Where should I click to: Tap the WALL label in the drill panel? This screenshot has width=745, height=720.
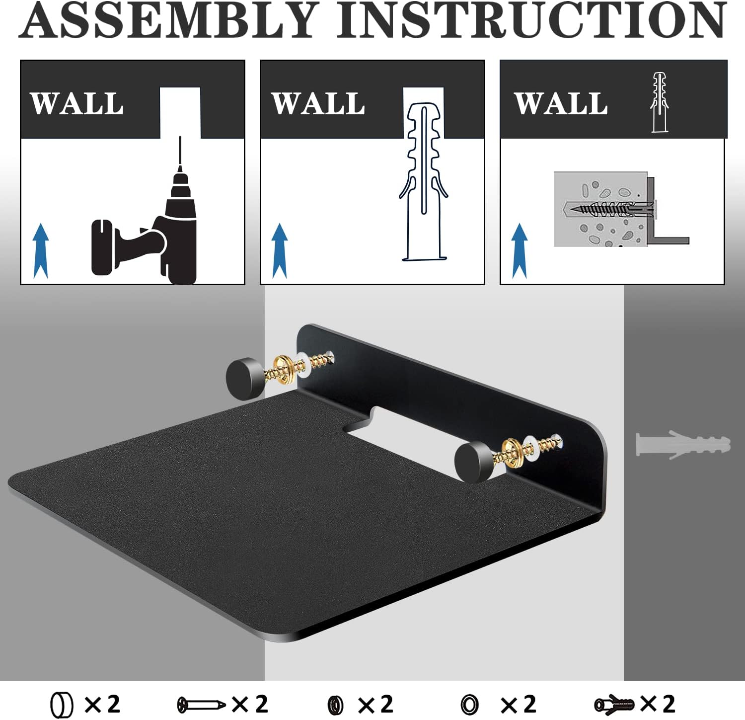pos(77,104)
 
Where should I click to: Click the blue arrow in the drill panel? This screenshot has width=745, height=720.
pos(41,251)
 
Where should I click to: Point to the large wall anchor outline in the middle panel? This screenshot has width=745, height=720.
pos(424,181)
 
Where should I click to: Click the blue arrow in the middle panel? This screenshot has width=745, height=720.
pos(280,251)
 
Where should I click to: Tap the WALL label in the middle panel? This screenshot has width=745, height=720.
pos(318,104)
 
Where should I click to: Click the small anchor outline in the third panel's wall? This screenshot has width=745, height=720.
pos(660,102)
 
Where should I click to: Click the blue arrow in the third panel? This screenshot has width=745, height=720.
pos(520,251)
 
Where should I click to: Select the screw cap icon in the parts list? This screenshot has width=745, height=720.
pos(62,705)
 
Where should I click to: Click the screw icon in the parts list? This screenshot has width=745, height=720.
pos(201,704)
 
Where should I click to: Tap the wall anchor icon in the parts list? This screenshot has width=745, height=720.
pos(614,704)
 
